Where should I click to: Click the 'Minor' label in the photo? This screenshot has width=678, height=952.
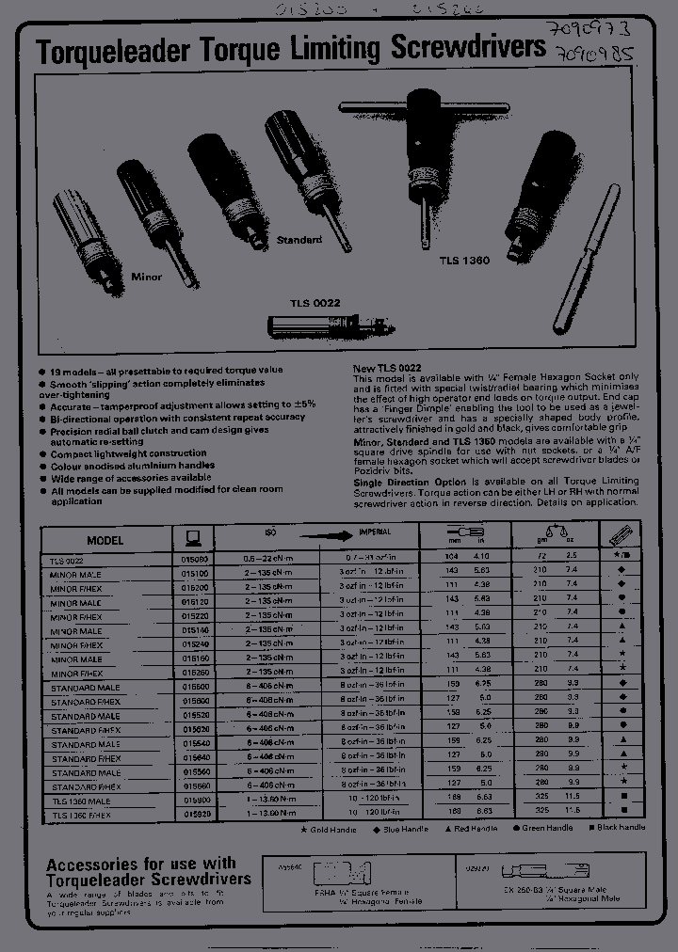pos(146,277)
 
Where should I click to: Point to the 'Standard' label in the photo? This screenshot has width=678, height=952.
pos(299,240)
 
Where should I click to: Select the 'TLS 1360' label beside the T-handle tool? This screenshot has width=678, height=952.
pos(463,260)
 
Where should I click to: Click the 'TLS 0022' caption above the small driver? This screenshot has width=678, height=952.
pos(315,303)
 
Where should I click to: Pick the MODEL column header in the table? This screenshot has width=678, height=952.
pos(105,541)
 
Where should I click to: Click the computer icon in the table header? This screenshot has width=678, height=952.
pos(193,538)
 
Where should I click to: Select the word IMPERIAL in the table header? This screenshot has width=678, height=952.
pos(375,532)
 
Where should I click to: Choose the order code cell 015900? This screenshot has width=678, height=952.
pos(195,801)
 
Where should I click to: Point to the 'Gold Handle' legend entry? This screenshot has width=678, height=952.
pos(330,828)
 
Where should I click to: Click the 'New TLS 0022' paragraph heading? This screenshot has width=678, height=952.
pos(386,367)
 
